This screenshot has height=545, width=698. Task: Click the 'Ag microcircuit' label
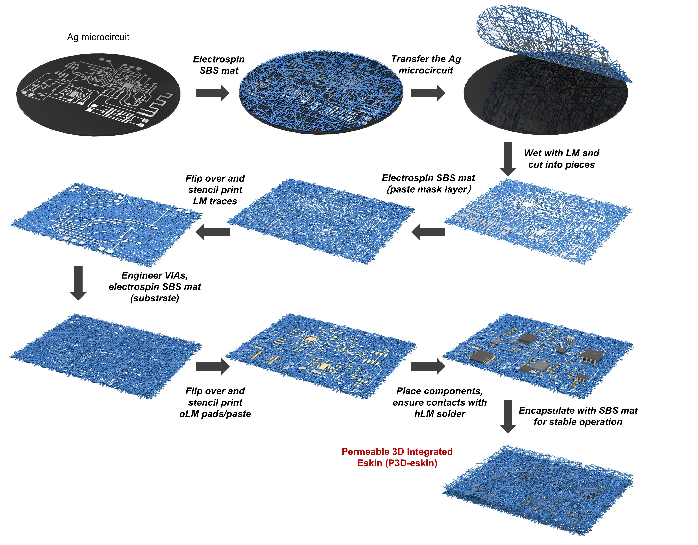98,37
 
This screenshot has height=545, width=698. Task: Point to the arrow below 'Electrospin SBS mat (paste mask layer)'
428,232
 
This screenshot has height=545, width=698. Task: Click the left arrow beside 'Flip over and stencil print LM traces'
212,232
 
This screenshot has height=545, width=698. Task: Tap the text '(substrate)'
155,298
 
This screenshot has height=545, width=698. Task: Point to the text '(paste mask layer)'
429,189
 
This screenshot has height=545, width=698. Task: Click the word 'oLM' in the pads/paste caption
189,414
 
